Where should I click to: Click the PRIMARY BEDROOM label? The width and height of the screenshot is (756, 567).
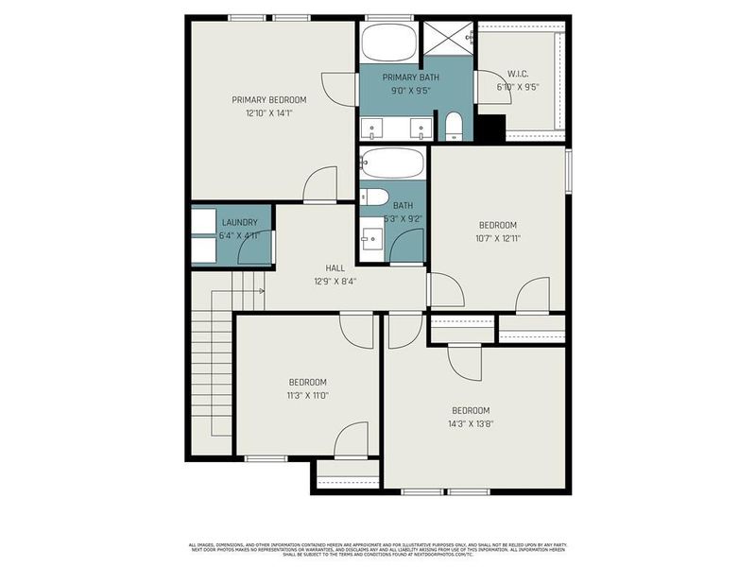[x=269, y=99]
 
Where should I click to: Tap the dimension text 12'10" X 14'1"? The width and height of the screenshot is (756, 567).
[x=269, y=112]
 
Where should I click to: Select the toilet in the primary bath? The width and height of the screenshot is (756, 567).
[x=454, y=127]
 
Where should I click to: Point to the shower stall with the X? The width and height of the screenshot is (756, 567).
[x=446, y=38]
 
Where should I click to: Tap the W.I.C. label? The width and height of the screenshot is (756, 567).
[x=517, y=75]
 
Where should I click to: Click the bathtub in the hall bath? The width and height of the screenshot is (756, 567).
[x=392, y=164]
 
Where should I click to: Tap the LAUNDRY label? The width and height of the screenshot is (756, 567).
[x=239, y=223]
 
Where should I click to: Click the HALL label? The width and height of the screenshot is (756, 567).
[x=335, y=268]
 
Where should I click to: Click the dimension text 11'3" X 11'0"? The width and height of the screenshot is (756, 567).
[x=307, y=395]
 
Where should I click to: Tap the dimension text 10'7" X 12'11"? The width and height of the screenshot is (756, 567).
[x=497, y=238]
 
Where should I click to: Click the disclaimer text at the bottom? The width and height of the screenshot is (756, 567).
[x=378, y=548]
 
